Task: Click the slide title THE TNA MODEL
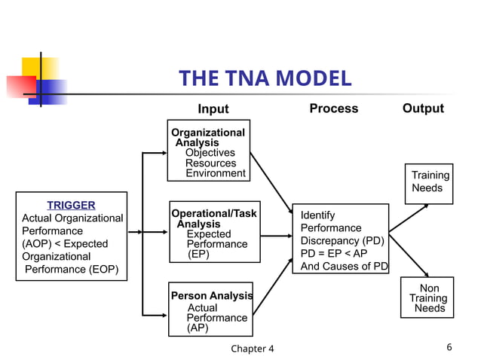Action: pyautogui.click(x=265, y=79)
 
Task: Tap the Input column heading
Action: pyautogui.click(x=213, y=109)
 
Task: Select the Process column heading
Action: pyautogui.click(x=333, y=108)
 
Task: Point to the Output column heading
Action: pyautogui.click(x=422, y=108)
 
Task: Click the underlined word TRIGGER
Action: pyautogui.click(x=71, y=205)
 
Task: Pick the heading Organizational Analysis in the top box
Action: pyautogui.click(x=207, y=137)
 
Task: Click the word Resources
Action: pyautogui.click(x=210, y=163)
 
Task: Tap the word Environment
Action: pyautogui.click(x=215, y=174)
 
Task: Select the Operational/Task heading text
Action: pyautogui.click(x=213, y=214)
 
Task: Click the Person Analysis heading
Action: pyautogui.click(x=211, y=296)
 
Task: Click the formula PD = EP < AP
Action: pyautogui.click(x=333, y=254)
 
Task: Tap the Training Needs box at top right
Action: pyautogui.click(x=429, y=182)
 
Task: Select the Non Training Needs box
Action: pyautogui.click(x=429, y=299)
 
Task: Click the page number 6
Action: pyautogui.click(x=449, y=347)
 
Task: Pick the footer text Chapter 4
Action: pyautogui.click(x=253, y=348)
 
